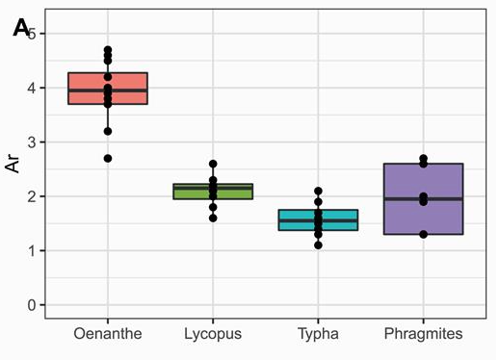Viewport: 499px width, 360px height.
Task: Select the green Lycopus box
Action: [x=213, y=192]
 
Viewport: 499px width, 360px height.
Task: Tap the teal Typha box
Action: [x=318, y=219]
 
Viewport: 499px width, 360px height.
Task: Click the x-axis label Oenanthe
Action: [x=107, y=334]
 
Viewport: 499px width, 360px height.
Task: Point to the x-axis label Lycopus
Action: [x=213, y=334]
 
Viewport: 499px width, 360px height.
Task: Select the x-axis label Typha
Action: [x=318, y=334]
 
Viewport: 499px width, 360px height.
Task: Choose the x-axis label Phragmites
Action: [x=423, y=334]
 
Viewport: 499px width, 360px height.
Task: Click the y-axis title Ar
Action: [x=13, y=161]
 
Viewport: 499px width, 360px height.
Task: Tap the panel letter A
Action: [x=20, y=29]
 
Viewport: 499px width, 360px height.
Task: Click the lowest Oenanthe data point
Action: [x=108, y=158]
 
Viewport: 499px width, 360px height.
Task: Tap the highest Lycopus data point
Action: [x=213, y=164]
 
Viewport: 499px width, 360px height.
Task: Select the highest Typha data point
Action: [x=318, y=192]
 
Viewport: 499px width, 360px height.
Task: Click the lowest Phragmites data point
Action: [x=423, y=234]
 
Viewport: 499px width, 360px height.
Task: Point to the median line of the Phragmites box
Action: [x=423, y=199]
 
